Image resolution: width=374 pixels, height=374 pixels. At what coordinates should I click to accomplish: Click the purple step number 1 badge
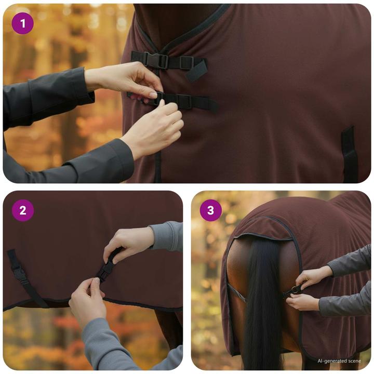pos(22,23)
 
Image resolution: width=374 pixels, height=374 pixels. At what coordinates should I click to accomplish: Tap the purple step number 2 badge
pos(22,210)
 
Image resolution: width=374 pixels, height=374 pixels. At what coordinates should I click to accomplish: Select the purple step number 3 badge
pos(210,210)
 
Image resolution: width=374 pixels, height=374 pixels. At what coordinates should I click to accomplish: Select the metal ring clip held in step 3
pos(294,290)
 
